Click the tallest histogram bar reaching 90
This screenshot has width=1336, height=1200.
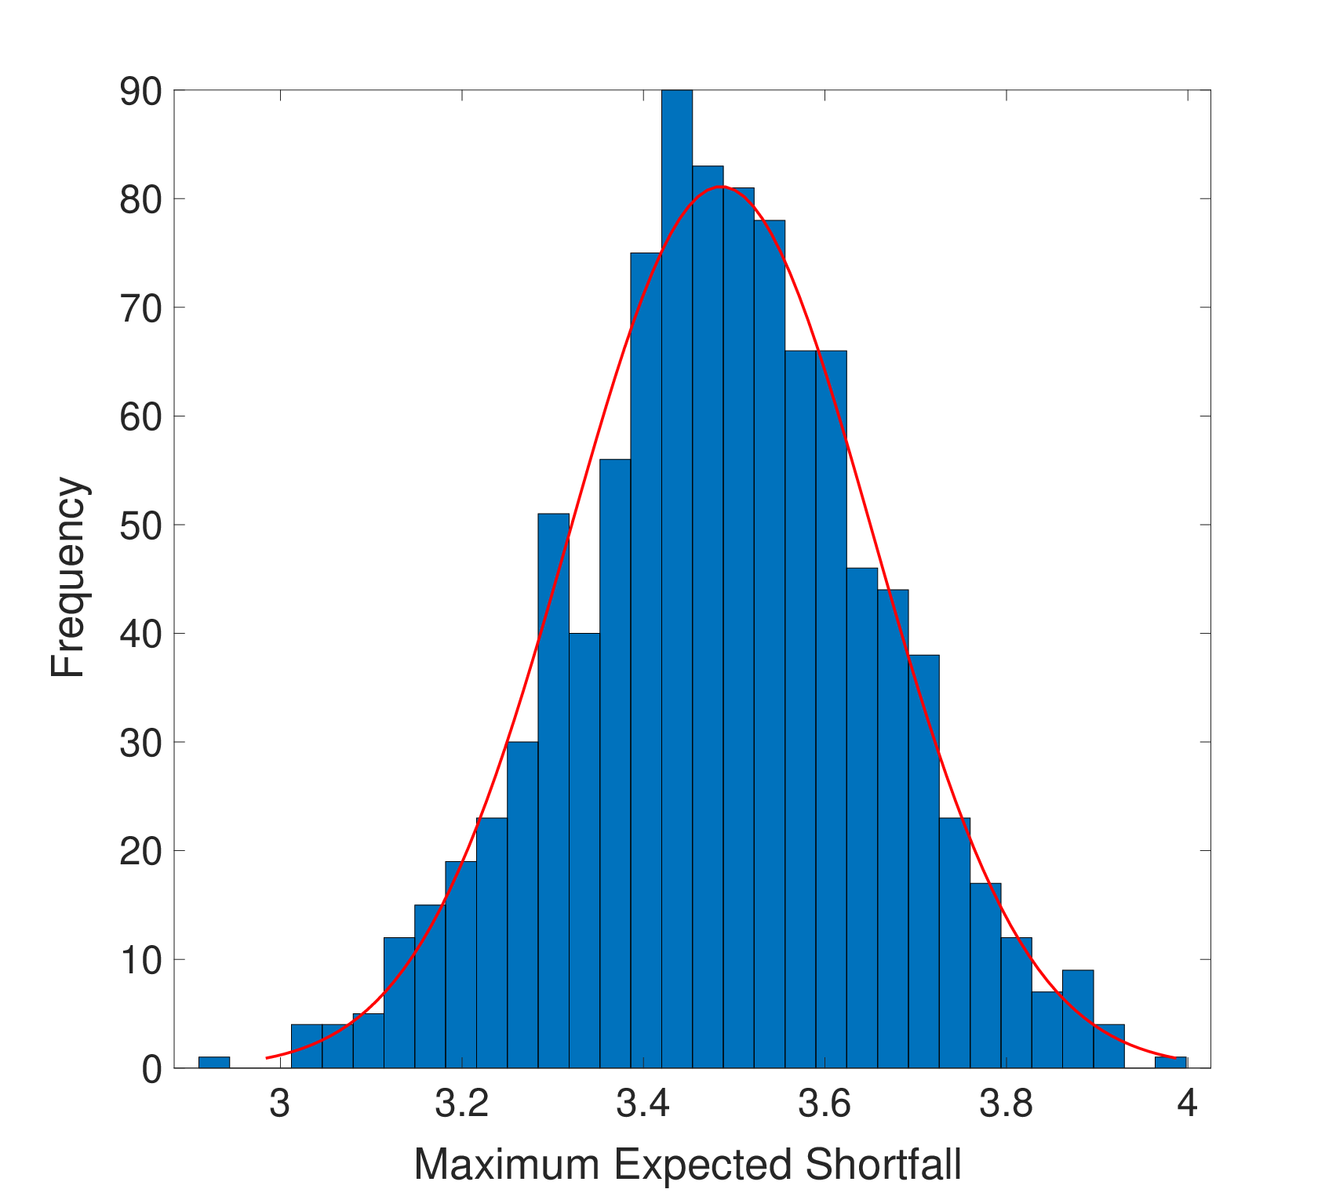tap(677, 579)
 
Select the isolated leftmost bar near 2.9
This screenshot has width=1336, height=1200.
tap(214, 1063)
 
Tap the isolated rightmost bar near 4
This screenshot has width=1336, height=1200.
tap(1170, 1063)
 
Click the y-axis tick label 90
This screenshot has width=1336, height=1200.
tap(141, 93)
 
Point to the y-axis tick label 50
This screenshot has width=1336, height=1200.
tap(141, 526)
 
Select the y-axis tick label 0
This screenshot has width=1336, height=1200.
tap(152, 1070)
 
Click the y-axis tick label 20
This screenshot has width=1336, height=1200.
tap(141, 853)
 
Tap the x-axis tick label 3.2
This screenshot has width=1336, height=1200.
tap(462, 1104)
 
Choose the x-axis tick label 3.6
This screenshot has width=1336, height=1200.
tap(825, 1104)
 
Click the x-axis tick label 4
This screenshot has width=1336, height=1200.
tap(1188, 1104)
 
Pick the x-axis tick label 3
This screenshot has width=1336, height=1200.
tap(279, 1104)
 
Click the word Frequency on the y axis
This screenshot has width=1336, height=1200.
tap(68, 577)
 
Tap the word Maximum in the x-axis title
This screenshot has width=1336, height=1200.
tap(509, 1165)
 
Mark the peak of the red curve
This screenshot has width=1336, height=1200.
tap(722, 187)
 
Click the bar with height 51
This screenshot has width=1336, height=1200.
tap(553, 791)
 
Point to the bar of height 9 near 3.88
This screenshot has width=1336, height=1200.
tap(1078, 1019)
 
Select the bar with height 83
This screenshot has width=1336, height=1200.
tap(708, 617)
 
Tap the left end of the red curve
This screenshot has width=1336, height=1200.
tap(267, 1058)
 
